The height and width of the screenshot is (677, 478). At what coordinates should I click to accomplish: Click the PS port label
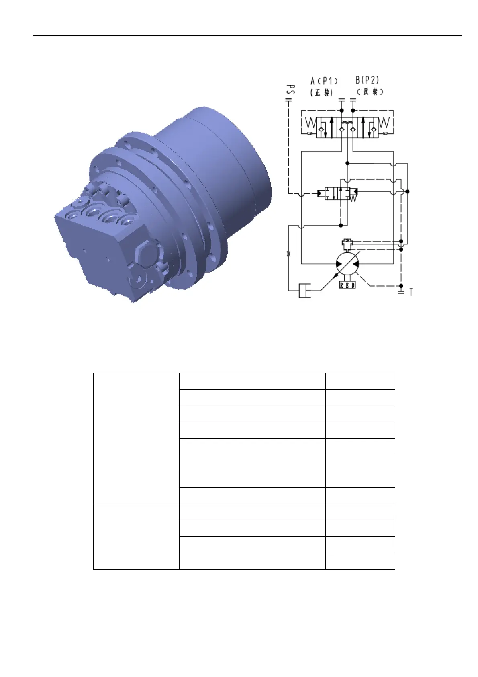tap(291, 90)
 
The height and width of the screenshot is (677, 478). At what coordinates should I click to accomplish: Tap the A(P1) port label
tap(324, 81)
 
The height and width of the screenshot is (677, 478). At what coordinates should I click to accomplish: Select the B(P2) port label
tap(367, 80)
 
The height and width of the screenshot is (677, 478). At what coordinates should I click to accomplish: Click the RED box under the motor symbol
tap(347, 285)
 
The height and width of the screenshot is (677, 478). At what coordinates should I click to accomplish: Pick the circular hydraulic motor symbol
tap(347, 264)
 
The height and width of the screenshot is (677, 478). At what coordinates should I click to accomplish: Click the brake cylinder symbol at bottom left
tap(305, 291)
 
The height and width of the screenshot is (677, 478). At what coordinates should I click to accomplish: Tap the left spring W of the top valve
tap(310, 123)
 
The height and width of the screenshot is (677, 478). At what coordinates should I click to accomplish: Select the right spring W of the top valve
tap(384, 123)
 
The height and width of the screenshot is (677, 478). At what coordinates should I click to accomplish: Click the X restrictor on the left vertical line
tap(288, 254)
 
